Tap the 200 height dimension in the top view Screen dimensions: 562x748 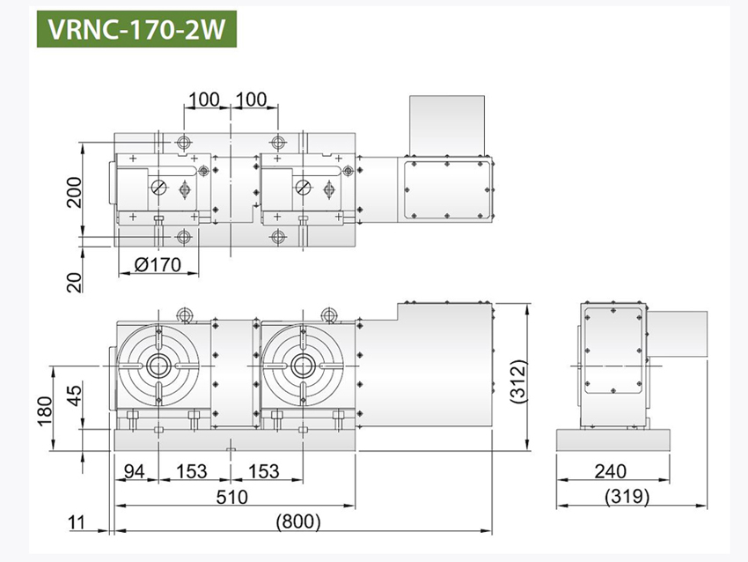point(73,190)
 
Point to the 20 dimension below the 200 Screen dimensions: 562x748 point(74,281)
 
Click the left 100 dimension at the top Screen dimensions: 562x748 point(203,99)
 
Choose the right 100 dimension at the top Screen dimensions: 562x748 point(253,99)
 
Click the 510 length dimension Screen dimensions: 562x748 point(233,497)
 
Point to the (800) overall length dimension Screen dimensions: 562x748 point(298,521)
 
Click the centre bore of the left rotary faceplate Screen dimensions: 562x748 point(158,365)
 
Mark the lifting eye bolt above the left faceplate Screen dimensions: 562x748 point(185,313)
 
